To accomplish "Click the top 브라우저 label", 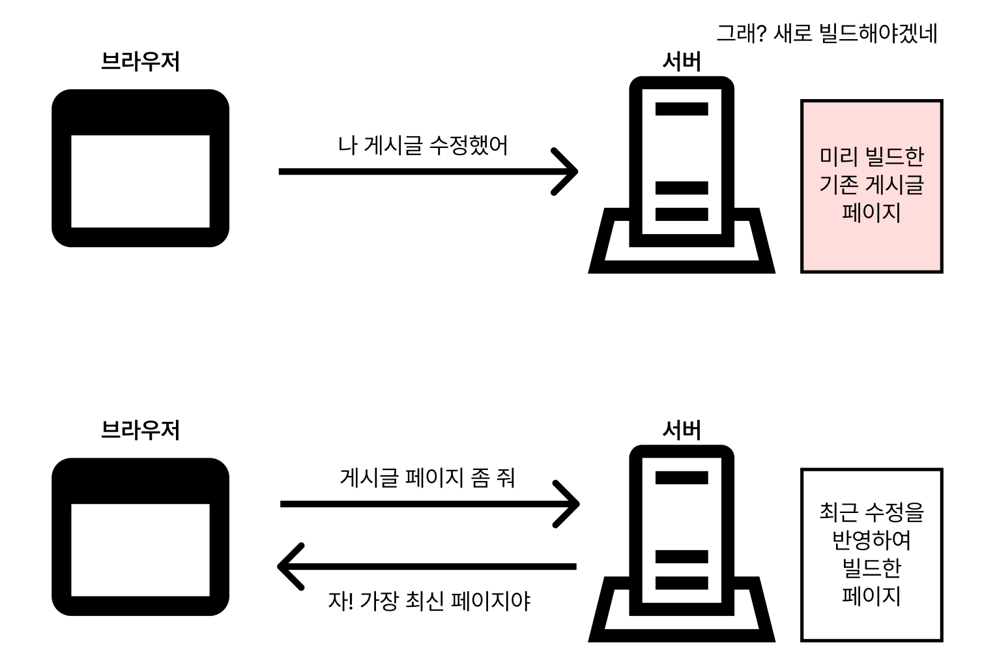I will point(140,62).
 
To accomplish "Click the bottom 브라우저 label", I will point(140,430).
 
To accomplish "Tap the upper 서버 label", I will point(681,62).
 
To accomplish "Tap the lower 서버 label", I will point(681,430).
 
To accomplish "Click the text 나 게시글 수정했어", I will point(423,145).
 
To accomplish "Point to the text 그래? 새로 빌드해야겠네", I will point(826,33).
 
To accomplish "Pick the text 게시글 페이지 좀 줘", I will point(427,478).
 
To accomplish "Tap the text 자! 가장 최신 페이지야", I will point(429,600).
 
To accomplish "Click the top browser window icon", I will point(140,168).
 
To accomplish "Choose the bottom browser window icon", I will point(140,536).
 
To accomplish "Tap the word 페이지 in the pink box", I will point(871,213).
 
